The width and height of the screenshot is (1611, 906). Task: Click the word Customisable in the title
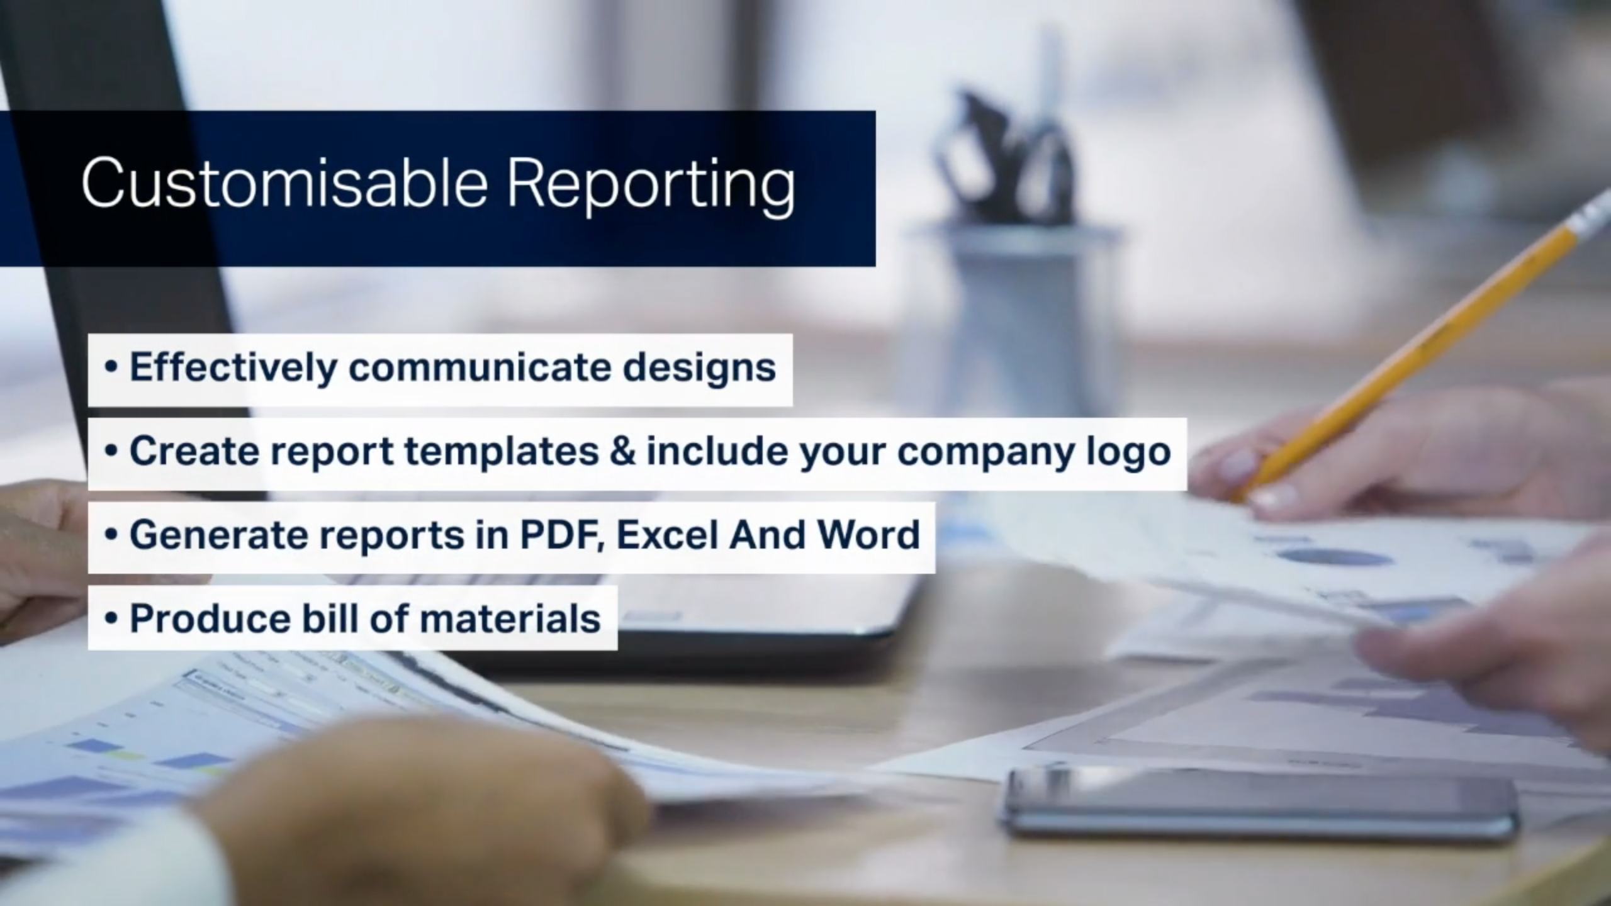(x=285, y=182)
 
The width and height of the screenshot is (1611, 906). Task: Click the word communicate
(x=480, y=367)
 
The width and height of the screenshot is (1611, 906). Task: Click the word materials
(x=510, y=618)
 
